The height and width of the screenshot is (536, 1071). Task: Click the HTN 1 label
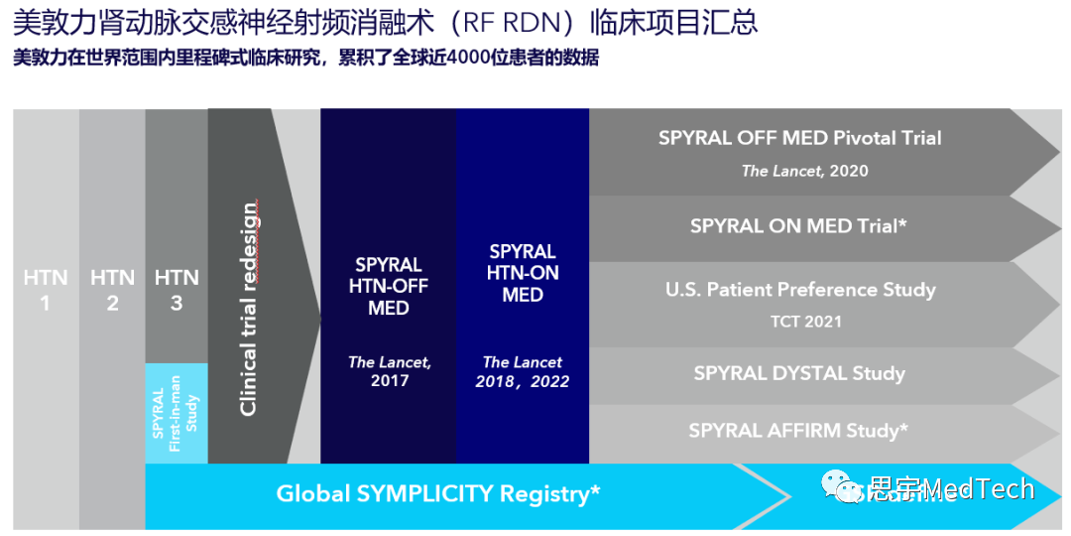point(45,289)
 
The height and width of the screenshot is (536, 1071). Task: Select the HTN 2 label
point(112,289)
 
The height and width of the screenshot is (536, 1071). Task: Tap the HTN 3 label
point(177,289)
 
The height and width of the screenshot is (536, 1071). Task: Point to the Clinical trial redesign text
point(248,308)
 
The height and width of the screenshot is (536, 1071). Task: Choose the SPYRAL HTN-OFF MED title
point(389,286)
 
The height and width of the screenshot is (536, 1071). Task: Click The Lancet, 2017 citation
point(389,371)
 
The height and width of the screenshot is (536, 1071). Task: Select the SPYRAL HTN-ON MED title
point(523,273)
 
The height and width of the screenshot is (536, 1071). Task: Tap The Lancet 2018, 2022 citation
point(523,371)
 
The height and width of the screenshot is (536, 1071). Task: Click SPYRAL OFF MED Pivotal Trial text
point(800,138)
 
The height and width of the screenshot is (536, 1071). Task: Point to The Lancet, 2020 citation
point(804,171)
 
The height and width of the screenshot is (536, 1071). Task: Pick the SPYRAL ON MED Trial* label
point(799,226)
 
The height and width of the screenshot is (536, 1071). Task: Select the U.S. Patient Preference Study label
point(800,290)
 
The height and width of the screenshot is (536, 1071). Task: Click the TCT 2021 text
point(805,322)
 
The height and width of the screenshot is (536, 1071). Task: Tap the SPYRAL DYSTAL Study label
point(799,373)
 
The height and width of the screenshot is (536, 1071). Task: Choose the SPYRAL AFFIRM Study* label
point(799,431)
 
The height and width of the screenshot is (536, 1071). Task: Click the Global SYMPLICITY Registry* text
point(438,493)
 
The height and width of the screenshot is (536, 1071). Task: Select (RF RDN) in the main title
point(520,22)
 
